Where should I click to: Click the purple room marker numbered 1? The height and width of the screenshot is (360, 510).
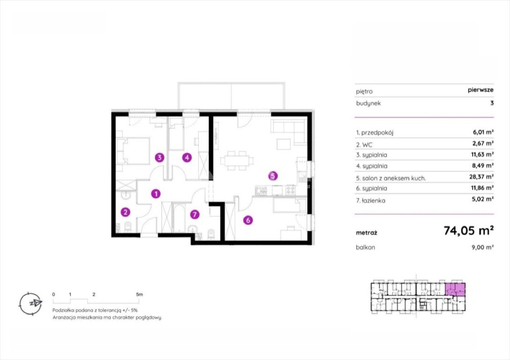156,194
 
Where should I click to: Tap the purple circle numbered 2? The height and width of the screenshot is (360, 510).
125,212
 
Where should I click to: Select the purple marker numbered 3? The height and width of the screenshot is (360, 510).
159,157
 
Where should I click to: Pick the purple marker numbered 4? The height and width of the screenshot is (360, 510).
187,157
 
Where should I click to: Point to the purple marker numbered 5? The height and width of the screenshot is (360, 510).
273,176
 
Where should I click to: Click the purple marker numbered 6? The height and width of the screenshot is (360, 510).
248,220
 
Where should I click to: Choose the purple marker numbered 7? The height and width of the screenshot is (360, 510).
195,214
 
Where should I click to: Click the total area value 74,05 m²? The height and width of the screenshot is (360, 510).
469,231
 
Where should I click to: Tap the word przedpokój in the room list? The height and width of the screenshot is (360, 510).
377,133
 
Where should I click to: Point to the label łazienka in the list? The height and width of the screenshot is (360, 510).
373,201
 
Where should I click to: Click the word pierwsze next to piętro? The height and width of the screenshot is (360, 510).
481,90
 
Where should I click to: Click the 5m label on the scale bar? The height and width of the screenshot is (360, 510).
139,294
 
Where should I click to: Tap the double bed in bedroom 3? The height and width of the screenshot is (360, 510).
134,151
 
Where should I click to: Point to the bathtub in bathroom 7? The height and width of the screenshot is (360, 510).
179,217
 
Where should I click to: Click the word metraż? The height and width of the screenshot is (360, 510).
367,233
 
